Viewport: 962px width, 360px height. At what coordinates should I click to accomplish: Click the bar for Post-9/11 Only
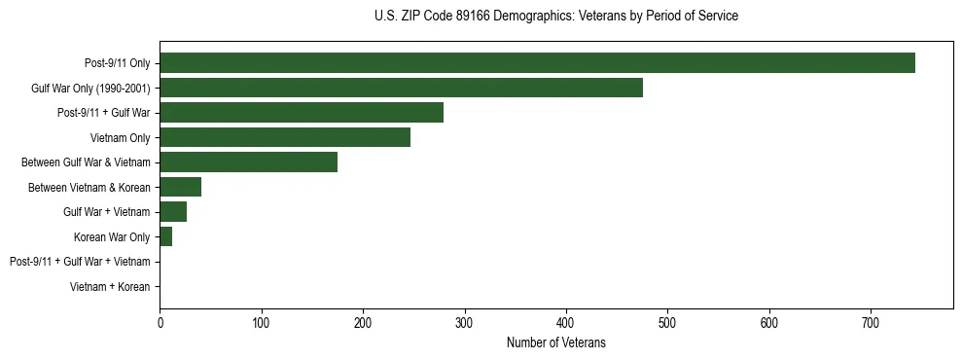click(537, 63)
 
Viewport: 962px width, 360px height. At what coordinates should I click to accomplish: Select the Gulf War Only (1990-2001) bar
click(401, 88)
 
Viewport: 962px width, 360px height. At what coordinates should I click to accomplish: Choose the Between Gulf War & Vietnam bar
click(248, 162)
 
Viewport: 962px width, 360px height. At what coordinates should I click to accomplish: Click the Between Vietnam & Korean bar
click(180, 187)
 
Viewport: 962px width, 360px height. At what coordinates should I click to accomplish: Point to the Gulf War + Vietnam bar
click(173, 212)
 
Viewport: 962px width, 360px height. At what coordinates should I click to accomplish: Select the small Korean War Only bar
click(165, 236)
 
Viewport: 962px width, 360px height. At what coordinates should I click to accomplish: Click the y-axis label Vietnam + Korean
click(110, 287)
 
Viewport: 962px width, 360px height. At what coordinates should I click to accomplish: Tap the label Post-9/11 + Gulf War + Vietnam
click(80, 262)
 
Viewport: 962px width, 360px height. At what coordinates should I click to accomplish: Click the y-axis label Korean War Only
click(112, 237)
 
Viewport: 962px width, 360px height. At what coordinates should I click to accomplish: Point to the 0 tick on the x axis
click(160, 323)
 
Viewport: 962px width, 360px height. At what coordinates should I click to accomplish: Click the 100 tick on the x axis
click(261, 323)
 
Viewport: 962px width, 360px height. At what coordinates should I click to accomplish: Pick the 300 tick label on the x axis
click(464, 323)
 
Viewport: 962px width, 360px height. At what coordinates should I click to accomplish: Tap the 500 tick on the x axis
click(667, 323)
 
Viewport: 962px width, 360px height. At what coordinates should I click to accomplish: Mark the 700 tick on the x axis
click(871, 323)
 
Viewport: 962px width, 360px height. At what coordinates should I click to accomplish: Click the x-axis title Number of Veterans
click(555, 342)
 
